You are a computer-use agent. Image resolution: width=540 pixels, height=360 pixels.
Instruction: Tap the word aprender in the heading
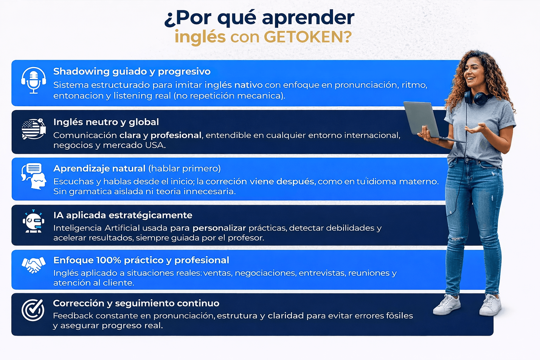click(308, 18)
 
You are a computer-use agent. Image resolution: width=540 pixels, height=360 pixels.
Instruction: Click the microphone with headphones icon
click(33, 80)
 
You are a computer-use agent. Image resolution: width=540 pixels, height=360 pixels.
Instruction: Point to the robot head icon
click(33, 221)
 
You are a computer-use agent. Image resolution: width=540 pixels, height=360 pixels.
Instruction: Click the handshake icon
click(33, 265)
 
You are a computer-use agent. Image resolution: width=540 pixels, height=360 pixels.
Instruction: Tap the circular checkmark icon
click(33, 310)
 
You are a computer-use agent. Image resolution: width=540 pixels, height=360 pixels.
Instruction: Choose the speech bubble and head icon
click(33, 176)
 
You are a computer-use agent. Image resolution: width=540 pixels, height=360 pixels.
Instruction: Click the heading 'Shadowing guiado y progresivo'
click(132, 72)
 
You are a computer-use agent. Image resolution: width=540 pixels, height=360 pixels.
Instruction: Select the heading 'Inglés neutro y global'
click(106, 122)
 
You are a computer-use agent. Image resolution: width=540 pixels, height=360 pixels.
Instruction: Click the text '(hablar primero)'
click(185, 168)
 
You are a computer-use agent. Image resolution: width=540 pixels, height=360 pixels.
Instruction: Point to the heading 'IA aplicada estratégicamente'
click(123, 215)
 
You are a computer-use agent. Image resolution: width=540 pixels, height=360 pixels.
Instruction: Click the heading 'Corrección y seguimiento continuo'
click(136, 303)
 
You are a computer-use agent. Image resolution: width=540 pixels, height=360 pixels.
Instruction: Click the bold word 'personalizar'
click(219, 228)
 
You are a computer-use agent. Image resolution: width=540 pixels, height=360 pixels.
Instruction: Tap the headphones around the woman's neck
click(478, 97)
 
